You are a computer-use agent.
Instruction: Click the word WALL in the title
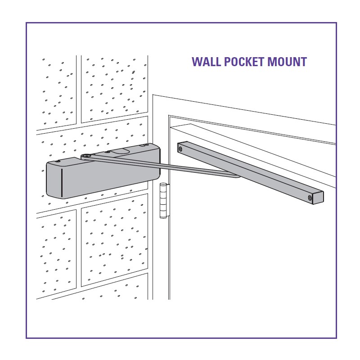coord(207,62)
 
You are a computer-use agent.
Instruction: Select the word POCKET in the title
coord(244,62)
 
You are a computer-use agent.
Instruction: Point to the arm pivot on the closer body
coord(86,156)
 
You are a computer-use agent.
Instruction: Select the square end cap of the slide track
coord(318,198)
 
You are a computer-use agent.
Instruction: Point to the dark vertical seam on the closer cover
coord(62,183)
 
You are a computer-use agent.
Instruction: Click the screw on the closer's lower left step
coord(58,162)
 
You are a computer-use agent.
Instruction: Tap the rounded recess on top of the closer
coord(120,151)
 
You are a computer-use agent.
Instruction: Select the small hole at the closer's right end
coord(145,145)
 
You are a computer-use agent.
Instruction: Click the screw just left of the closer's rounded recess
coord(107,152)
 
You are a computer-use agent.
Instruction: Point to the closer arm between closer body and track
coord(161,166)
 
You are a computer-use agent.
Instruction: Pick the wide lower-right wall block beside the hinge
coord(115,240)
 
